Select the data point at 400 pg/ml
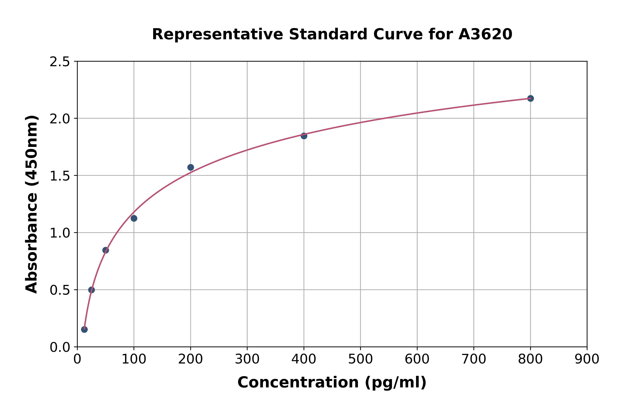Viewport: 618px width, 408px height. pos(304,136)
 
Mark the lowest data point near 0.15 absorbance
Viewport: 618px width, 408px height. pos(84,329)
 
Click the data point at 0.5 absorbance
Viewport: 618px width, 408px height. pos(91,290)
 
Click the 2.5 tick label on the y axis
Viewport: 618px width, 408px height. pos(60,62)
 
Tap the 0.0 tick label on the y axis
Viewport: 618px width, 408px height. pos(60,347)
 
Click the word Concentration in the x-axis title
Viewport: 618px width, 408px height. pos(298,382)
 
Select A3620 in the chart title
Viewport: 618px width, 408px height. pos(485,34)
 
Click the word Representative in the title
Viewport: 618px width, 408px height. pos(217,34)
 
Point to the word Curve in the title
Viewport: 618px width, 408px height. pos(398,34)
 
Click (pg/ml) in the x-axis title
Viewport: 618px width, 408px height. pos(395,382)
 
